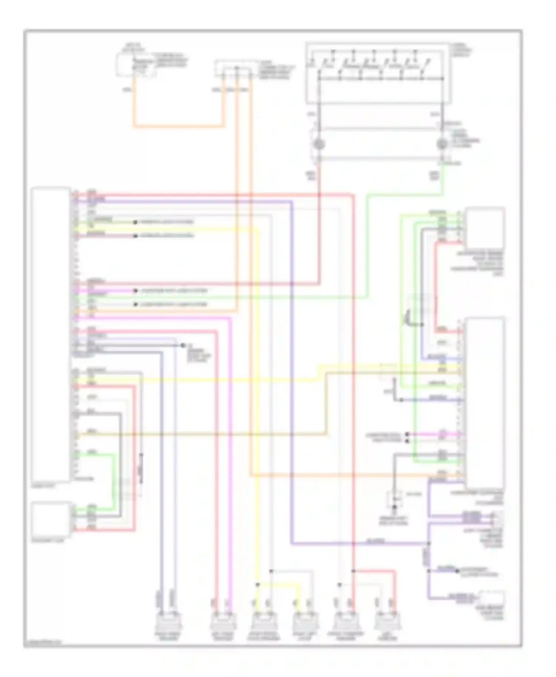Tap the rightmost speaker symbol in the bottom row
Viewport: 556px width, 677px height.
click(x=386, y=621)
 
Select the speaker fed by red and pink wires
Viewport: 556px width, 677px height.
click(x=223, y=621)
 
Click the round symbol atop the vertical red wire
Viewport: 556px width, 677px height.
click(x=319, y=144)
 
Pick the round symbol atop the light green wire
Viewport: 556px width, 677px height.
click(x=441, y=144)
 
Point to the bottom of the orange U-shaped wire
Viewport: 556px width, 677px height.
click(x=179, y=127)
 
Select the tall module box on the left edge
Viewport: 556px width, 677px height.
click(x=51, y=335)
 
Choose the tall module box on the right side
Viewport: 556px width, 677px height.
click(x=485, y=403)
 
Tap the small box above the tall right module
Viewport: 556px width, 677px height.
click(x=485, y=228)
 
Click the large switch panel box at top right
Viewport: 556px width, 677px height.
click(x=378, y=73)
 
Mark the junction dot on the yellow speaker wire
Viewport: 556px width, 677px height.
click(x=258, y=585)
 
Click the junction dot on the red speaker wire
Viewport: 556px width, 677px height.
click(x=353, y=571)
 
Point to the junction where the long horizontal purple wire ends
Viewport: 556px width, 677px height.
click(x=429, y=543)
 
